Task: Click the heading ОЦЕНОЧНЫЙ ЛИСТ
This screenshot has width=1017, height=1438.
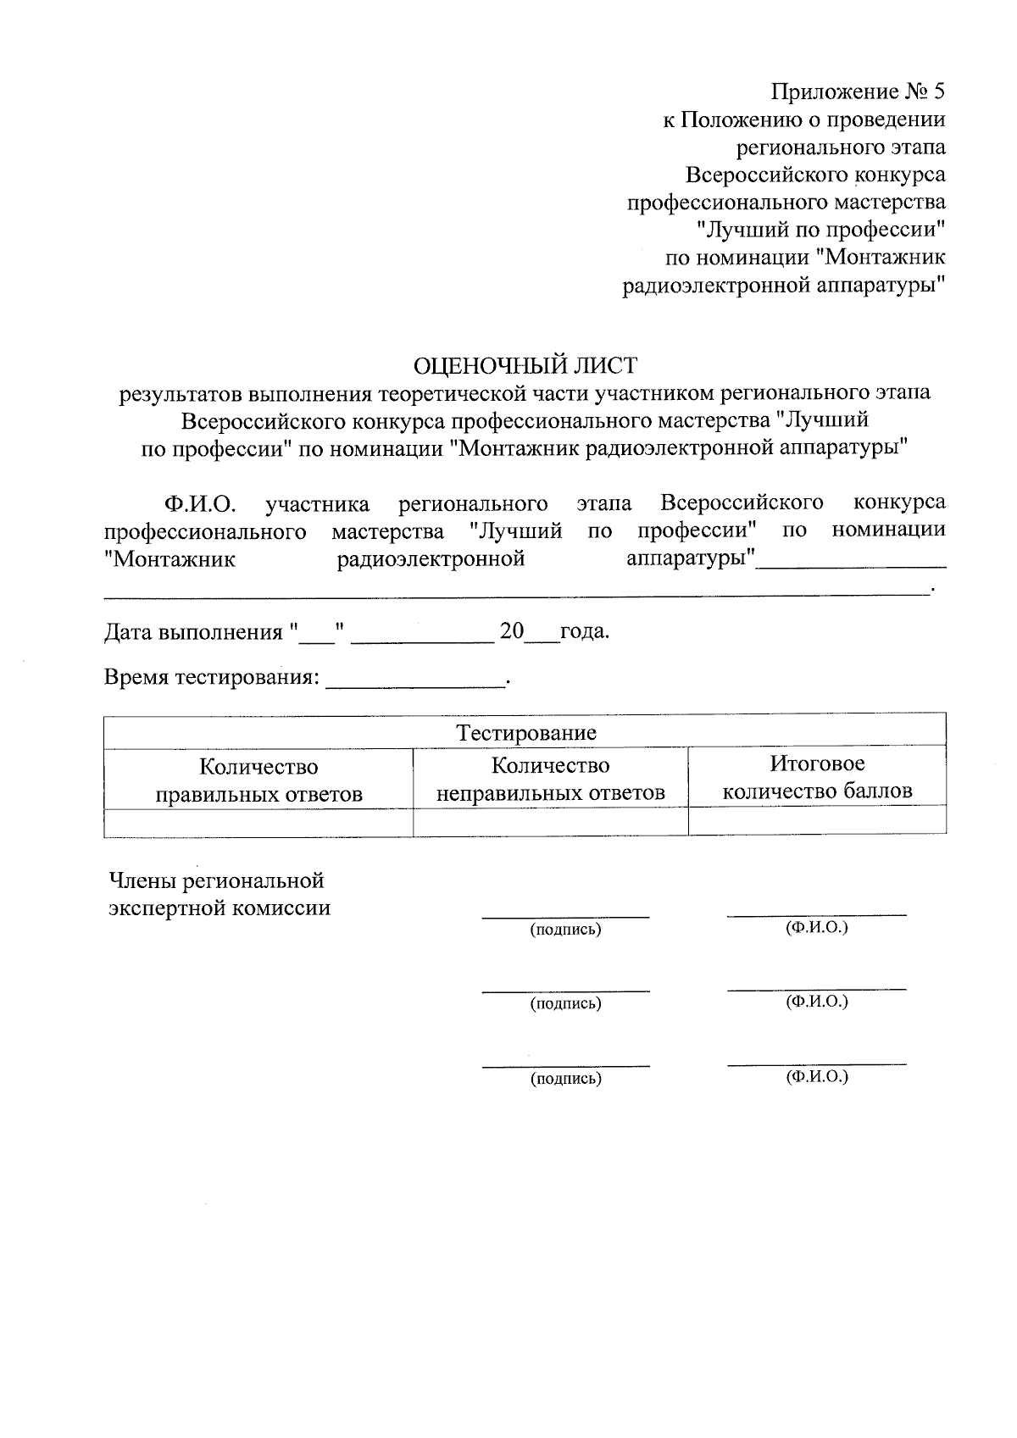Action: point(525,366)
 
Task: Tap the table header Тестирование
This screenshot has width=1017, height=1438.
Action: point(526,733)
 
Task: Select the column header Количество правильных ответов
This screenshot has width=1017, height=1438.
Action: point(258,780)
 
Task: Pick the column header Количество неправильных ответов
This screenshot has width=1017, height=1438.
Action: point(550,779)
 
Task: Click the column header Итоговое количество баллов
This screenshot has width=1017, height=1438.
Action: point(817,777)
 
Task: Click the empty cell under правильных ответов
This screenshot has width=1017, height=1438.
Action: point(258,822)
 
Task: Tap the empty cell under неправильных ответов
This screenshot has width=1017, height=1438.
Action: point(550,822)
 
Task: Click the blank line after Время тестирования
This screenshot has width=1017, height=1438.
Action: point(415,683)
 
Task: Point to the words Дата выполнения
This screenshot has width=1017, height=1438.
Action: point(192,633)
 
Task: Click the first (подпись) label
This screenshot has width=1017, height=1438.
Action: point(565,930)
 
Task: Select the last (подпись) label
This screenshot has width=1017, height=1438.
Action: point(565,1079)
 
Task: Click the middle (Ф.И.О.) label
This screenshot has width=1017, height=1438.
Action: point(817,1002)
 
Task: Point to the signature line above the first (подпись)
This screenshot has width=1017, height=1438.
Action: point(565,916)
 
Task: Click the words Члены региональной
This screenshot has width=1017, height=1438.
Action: point(217,880)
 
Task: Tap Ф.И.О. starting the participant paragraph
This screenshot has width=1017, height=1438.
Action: point(199,504)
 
